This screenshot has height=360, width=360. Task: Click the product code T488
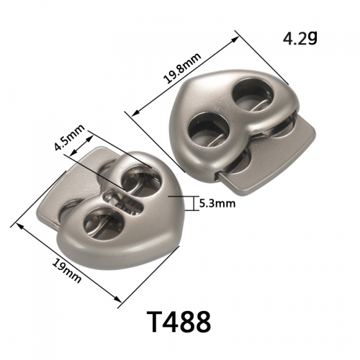pos(180,321)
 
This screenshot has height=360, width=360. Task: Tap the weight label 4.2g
pos(300,38)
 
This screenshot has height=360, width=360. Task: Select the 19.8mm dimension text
pos(182,68)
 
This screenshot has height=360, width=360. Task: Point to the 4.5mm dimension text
pos(70,137)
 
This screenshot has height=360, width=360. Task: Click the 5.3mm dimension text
pos(217,204)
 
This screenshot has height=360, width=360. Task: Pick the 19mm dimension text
pos(67,271)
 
